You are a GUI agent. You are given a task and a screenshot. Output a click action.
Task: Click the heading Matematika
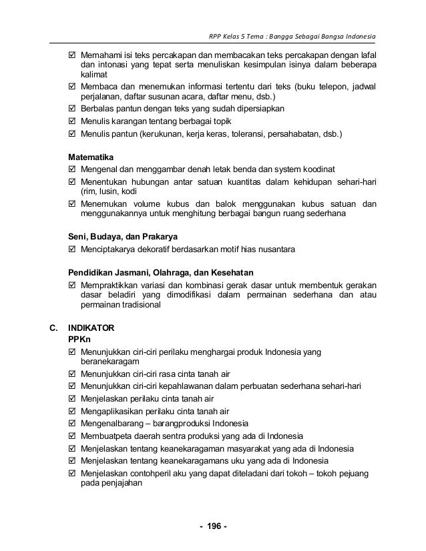coord(92,157)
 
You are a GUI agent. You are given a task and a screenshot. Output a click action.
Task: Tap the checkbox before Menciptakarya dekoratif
coord(73,249)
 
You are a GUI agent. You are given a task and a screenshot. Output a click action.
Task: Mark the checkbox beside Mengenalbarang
coord(73,424)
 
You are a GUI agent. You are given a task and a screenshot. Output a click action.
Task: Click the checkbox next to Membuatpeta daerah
coord(73,436)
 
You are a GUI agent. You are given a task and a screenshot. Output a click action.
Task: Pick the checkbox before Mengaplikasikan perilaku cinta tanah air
coord(73,412)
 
